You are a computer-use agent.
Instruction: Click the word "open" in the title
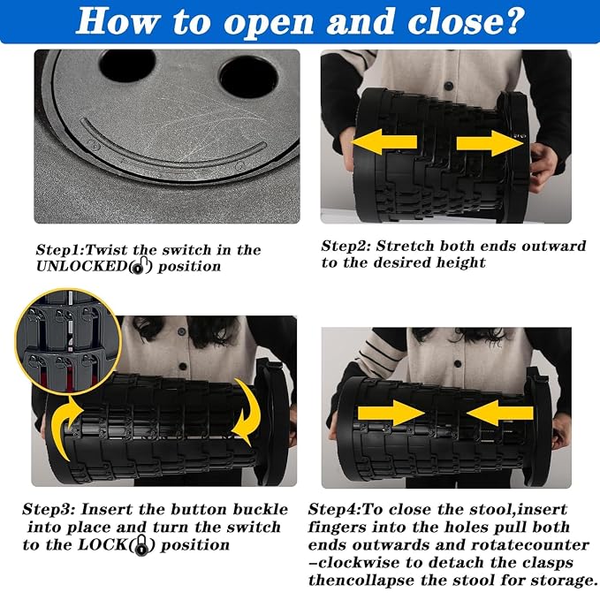point(268,23)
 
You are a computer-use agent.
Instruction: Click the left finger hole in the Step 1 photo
point(127,65)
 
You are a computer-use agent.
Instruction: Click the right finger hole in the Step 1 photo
point(248,77)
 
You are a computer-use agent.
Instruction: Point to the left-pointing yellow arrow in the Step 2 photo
point(384,142)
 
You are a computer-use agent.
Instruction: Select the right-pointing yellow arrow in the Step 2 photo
point(490,143)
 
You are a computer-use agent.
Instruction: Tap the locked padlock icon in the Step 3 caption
point(142,545)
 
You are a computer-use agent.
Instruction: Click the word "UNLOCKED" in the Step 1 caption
point(81,266)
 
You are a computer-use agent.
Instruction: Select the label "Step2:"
point(346,246)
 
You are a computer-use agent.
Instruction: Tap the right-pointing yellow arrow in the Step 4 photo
point(391,413)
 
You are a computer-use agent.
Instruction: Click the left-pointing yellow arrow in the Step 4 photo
point(500,413)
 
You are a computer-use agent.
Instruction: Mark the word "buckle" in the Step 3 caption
point(261,509)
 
